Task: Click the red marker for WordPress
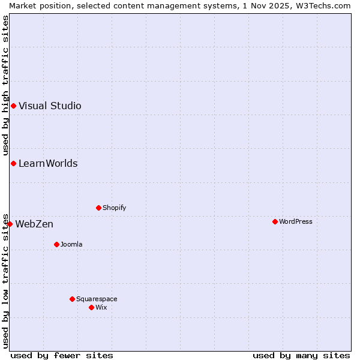coord(275,221)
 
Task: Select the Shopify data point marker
coord(98,208)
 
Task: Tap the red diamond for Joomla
coord(56,244)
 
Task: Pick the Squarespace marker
coord(72,299)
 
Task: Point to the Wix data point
coord(91,307)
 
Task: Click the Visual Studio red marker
coord(13,106)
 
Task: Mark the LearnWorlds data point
coord(13,164)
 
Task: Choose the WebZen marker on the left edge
coord(10,224)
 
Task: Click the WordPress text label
coord(296,221)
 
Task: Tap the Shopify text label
coord(114,208)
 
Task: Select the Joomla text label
coord(71,244)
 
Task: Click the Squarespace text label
coord(97,299)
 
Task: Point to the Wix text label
coord(101,307)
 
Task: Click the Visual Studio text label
coord(50,106)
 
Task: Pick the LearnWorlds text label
coord(48,164)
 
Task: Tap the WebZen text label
coord(34,224)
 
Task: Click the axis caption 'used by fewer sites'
coord(62,355)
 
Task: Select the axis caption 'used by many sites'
coord(301,355)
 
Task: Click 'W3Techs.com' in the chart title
coord(326,5)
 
